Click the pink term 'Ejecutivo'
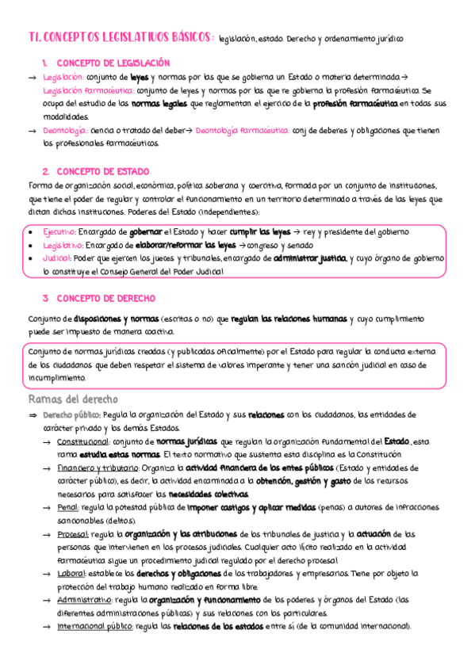click(59, 231)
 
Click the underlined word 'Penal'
click(68, 507)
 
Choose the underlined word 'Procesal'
click(73, 534)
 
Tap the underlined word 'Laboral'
click(71, 573)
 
